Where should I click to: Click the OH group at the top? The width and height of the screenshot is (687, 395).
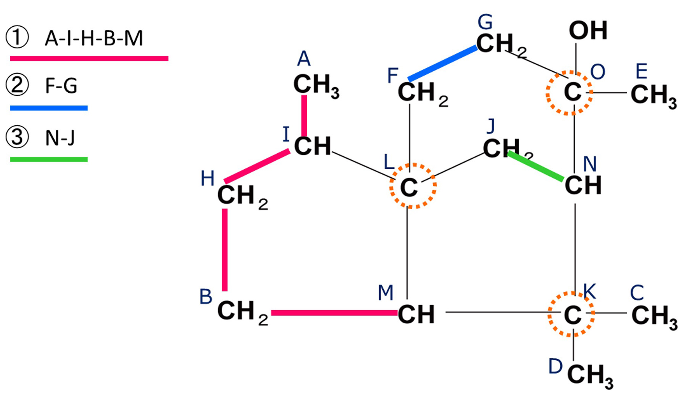coord(588,31)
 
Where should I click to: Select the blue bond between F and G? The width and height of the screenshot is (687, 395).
coord(443,64)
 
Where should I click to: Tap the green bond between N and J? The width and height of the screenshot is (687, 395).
coord(535,166)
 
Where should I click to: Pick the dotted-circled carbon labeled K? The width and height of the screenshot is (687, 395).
coord(571,314)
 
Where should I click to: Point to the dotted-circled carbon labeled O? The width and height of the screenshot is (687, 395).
coord(569,93)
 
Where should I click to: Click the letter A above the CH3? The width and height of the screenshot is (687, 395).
coord(304,59)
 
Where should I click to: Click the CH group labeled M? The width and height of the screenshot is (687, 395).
coord(416,315)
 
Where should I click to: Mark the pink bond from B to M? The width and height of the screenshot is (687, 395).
coord(334,313)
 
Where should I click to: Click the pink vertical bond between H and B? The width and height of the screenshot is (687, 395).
coord(225,250)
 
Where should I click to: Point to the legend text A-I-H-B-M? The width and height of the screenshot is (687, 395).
coord(94,39)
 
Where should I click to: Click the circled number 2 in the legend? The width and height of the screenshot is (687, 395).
coord(17,85)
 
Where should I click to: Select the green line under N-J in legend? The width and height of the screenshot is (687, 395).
coord(49,159)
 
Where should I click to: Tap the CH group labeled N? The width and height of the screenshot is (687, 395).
coord(583,185)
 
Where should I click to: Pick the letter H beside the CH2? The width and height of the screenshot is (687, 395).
coord(208,178)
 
